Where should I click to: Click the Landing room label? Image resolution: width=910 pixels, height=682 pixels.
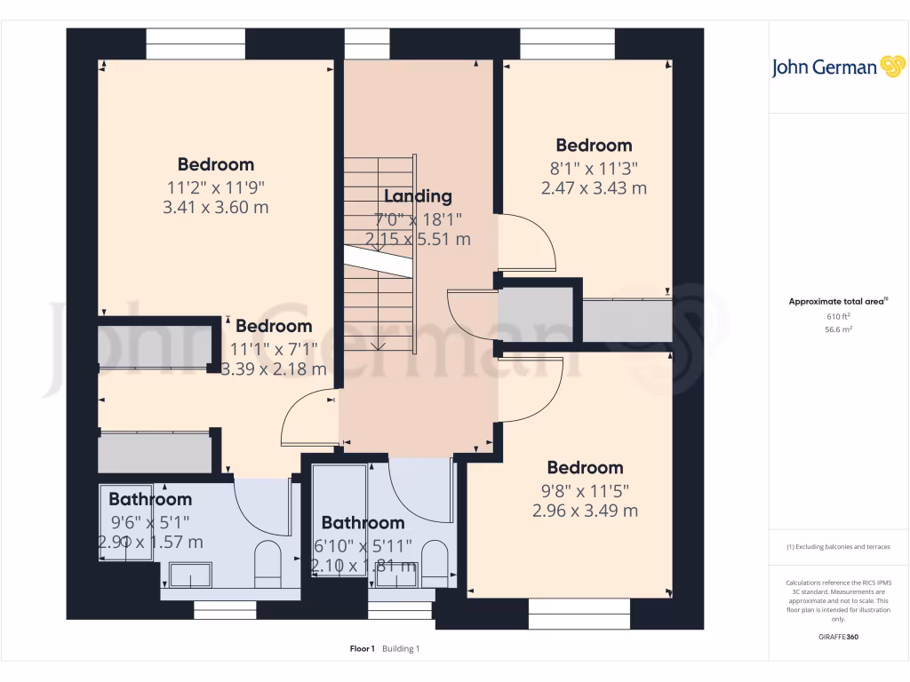tap(418, 196)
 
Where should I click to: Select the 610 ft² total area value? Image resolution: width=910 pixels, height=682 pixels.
tap(839, 316)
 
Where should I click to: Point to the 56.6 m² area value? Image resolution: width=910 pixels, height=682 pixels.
tap(839, 329)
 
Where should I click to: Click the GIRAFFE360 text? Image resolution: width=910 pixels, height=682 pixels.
tap(839, 637)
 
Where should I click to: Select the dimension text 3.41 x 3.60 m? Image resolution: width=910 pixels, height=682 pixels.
tap(215, 208)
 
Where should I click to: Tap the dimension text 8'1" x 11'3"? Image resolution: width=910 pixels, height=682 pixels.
tap(594, 168)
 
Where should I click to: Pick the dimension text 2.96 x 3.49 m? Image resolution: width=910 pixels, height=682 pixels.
tap(585, 511)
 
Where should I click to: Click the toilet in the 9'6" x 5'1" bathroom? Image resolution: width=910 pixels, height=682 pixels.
tap(267, 561)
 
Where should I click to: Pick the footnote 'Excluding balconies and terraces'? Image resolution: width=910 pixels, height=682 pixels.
tap(838, 547)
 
